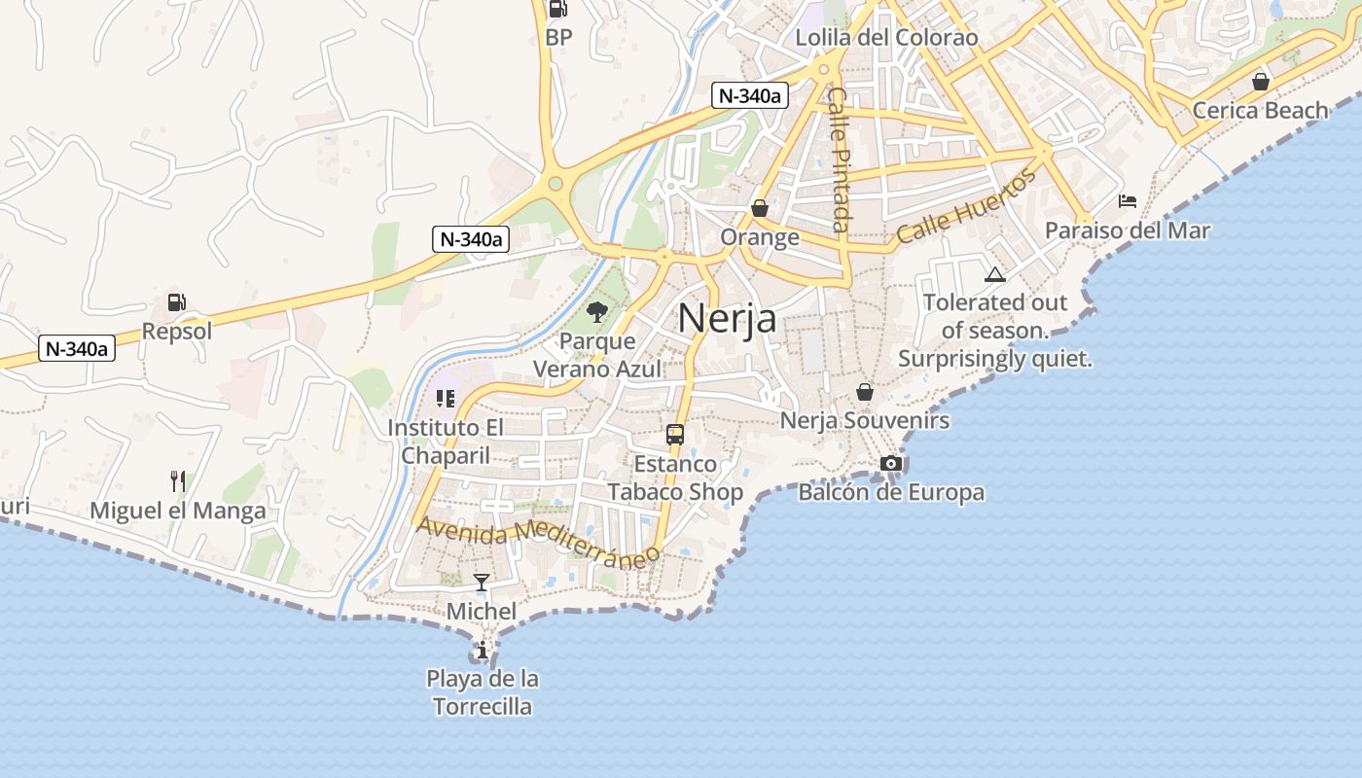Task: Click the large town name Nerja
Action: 728,318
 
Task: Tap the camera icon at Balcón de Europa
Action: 890,463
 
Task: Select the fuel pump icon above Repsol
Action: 176,302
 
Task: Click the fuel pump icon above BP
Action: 558,9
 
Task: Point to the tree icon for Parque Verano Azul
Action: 597,312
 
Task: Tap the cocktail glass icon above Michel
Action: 482,583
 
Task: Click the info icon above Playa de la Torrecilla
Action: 482,650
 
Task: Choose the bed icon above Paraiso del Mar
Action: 1128,201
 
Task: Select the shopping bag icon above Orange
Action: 760,208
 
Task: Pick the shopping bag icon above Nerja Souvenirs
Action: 865,392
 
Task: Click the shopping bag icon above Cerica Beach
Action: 1261,82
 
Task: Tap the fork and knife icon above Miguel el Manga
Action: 177,480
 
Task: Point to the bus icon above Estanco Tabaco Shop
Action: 675,435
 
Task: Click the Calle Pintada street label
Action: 839,159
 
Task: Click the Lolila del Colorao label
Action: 886,38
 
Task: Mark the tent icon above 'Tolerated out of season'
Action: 994,275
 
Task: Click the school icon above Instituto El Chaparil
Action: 446,398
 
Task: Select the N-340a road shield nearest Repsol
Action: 77,348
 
